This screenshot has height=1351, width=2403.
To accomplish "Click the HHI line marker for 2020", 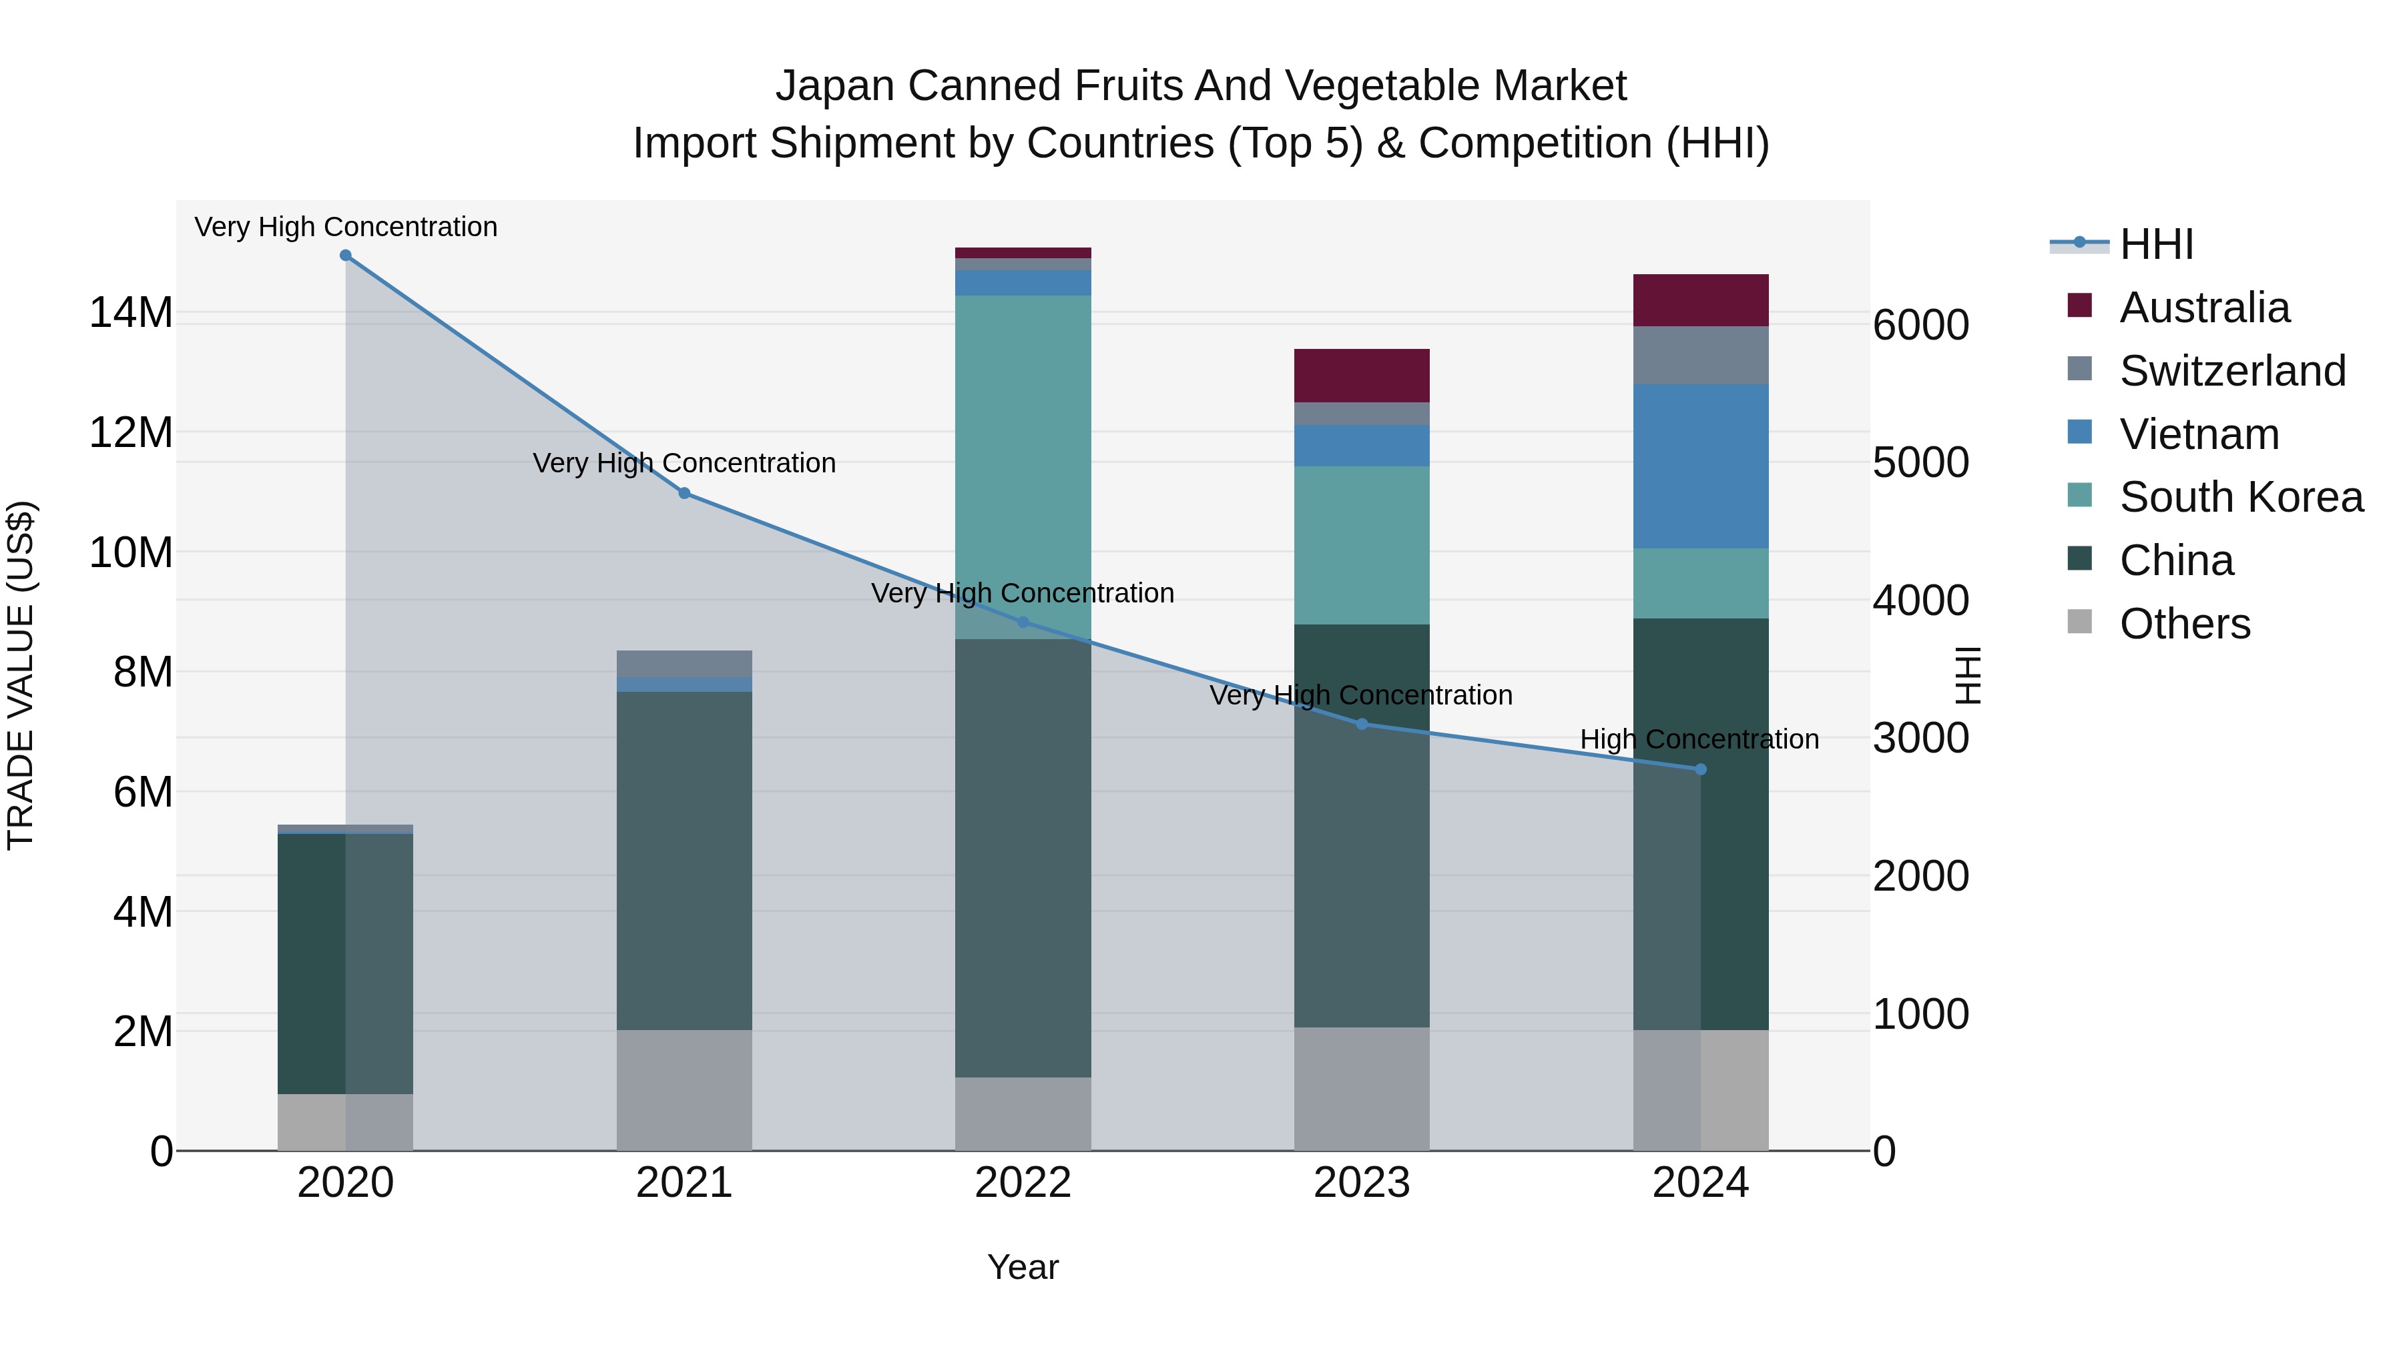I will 345,256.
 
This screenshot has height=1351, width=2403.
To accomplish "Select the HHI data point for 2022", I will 1023,622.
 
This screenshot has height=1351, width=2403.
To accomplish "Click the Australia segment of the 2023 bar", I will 1361,376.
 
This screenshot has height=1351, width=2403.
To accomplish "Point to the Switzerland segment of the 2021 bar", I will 684,664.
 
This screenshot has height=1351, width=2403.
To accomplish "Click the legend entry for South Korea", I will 2241,497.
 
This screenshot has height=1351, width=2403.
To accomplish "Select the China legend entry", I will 2175,560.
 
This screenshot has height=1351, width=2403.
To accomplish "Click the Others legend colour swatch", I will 2079,622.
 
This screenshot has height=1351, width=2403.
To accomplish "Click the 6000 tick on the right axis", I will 1920,326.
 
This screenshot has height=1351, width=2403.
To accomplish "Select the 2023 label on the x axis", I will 1361,1183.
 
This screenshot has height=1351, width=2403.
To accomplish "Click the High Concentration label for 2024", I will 1699,739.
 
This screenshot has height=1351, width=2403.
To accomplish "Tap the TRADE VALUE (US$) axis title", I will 21,675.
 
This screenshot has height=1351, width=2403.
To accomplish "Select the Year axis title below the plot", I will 1023,1267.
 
